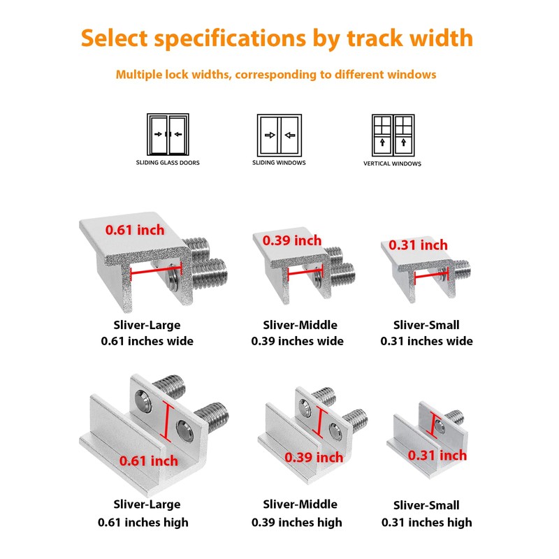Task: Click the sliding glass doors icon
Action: click(167, 134)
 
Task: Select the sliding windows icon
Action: click(279, 134)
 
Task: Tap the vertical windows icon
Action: click(392, 135)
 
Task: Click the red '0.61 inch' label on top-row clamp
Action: click(135, 229)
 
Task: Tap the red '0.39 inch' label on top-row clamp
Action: click(292, 240)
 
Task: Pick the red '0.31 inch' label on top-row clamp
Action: click(418, 245)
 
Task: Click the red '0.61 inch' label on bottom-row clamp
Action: click(148, 460)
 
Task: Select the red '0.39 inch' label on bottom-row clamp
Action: click(314, 458)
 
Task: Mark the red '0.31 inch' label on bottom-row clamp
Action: click(437, 456)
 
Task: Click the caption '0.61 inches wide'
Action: click(147, 342)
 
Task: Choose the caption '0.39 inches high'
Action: click(297, 522)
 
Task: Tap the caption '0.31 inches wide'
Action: click(426, 342)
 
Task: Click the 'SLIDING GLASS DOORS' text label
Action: click(168, 162)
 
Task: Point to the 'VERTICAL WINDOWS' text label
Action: click(392, 164)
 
